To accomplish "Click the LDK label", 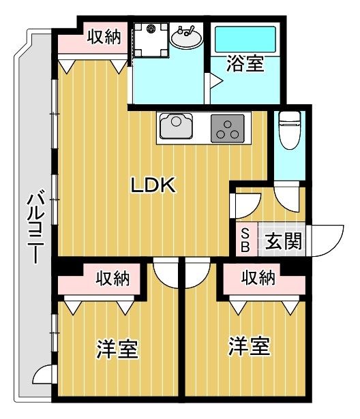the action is point(153,185).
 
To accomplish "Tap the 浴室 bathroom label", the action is point(245,63).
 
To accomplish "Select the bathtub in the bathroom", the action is point(245,40).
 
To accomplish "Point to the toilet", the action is point(289,130).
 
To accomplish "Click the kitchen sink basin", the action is point(176,126).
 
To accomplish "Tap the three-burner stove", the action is point(227,128).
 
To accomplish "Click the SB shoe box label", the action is point(245,240).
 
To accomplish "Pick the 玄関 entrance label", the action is point(283,241).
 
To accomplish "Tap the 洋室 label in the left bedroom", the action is point(117,349).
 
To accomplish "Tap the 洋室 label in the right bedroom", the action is point(249,346).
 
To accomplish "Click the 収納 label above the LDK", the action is point(104,37).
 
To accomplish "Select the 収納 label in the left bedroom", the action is point(113,279).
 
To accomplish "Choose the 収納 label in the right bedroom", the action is point(258,277).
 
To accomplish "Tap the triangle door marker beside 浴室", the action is point(216,80).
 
